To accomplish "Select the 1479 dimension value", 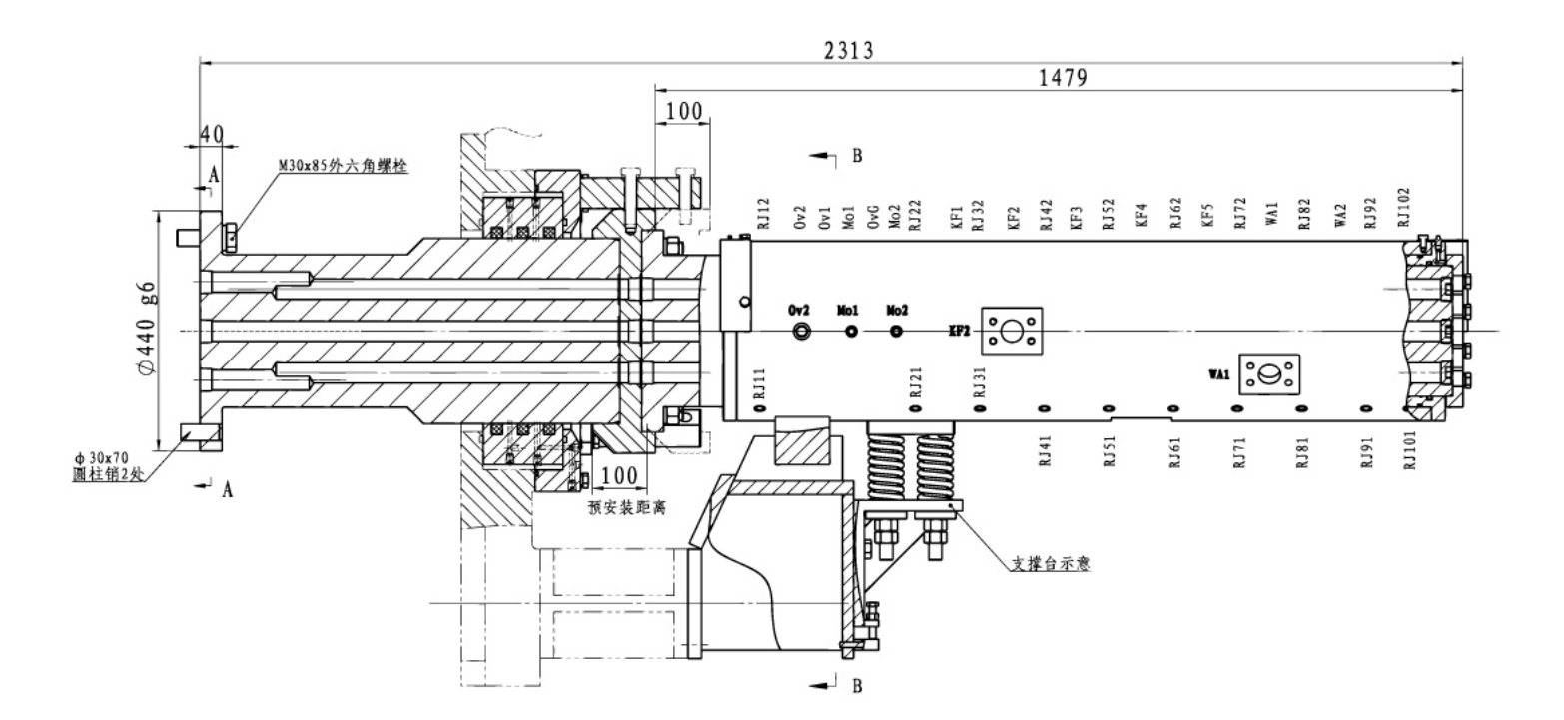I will [1059, 78].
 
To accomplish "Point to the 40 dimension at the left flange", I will [210, 133].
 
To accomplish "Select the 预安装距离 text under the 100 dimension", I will [627, 506].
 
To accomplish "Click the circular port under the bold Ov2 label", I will [800, 331].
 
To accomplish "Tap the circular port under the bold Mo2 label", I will [896, 331].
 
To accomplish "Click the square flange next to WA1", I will [1270, 375].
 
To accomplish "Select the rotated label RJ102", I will [1404, 208].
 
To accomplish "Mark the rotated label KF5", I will [1207, 219].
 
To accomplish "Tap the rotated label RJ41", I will [1044, 452].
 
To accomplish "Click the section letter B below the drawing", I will [855, 687].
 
